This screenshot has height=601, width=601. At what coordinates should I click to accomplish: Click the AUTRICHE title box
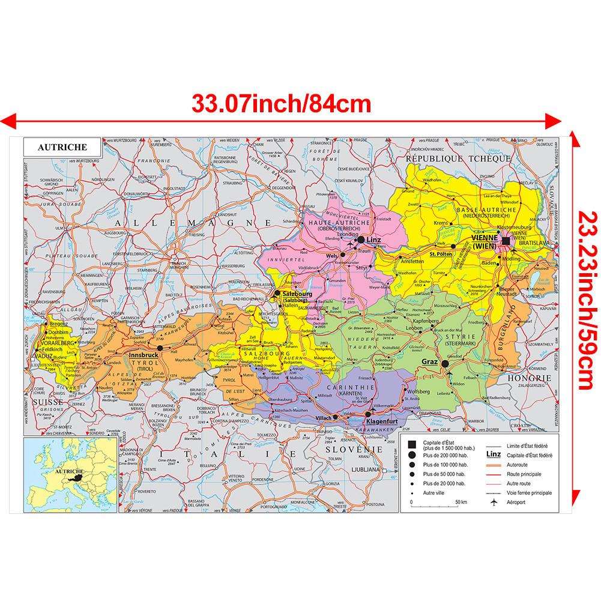pyautogui.click(x=62, y=147)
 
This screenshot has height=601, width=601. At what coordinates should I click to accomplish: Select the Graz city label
pyautogui.click(x=430, y=363)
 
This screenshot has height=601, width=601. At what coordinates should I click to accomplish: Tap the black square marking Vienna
pyautogui.click(x=506, y=241)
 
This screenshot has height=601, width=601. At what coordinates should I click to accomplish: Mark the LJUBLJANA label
pyautogui.click(x=380, y=469)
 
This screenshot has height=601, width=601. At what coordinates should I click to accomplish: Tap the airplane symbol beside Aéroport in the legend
pyautogui.click(x=495, y=501)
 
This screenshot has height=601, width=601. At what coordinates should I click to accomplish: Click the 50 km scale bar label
pyautogui.click(x=461, y=501)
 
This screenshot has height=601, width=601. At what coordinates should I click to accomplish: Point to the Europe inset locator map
pyautogui.click(x=62, y=474)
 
